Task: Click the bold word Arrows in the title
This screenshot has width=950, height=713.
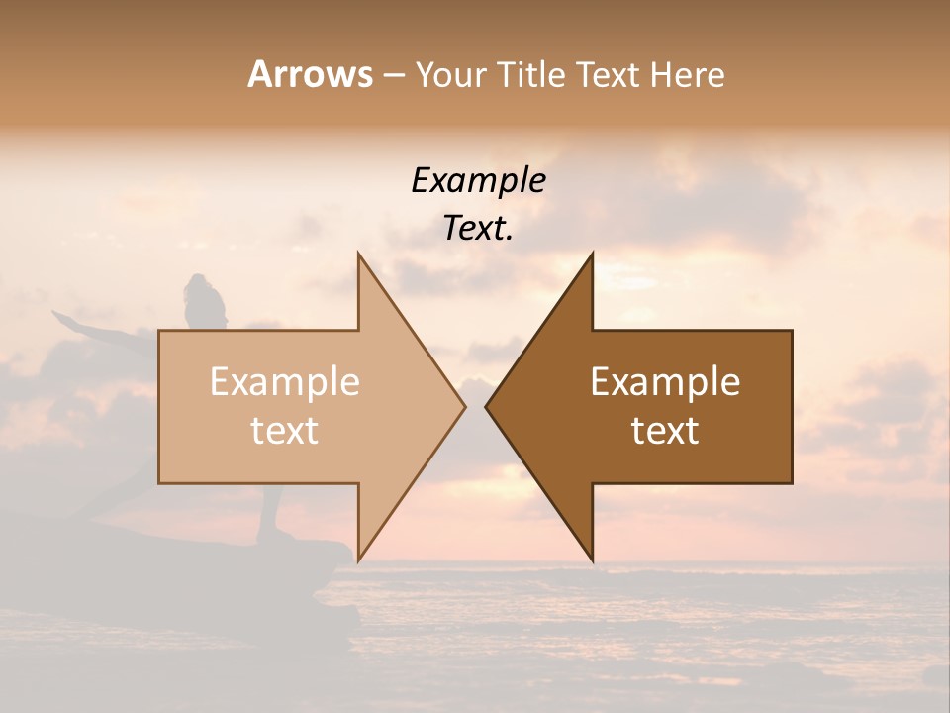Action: click(x=310, y=74)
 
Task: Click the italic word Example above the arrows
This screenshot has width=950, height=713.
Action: click(x=479, y=181)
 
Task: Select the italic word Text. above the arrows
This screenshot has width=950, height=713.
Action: click(x=479, y=229)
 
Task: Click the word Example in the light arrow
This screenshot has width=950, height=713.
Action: click(x=285, y=382)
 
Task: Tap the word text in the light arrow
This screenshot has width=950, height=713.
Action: click(x=285, y=431)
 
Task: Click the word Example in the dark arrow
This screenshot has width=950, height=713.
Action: click(x=665, y=382)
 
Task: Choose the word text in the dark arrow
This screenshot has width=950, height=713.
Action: click(x=665, y=431)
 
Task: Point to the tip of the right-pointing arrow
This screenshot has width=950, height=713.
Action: click(x=464, y=406)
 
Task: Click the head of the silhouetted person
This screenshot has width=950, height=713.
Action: click(x=201, y=291)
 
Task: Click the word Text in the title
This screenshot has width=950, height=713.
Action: click(x=608, y=74)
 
